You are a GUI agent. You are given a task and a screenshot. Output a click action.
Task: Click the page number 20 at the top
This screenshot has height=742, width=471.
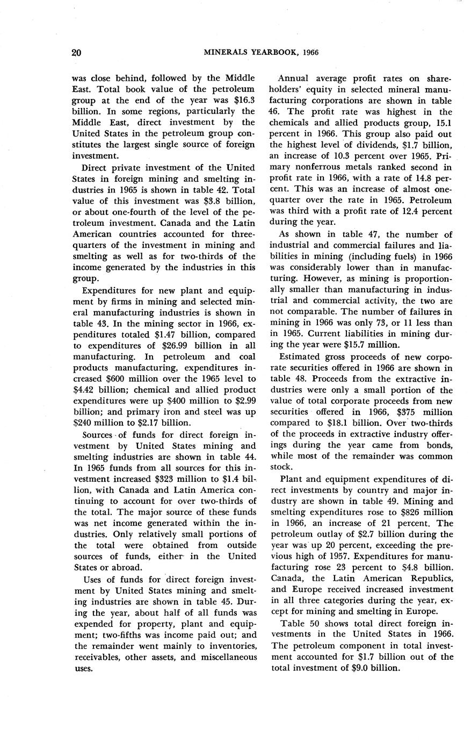pos(76,53)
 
